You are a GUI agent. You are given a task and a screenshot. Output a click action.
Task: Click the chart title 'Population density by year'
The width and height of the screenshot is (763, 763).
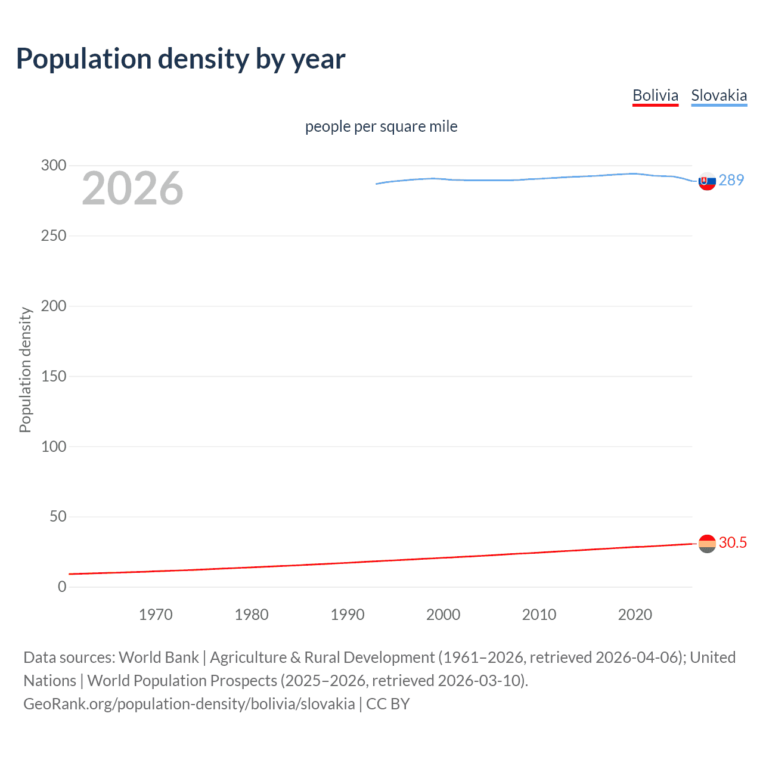[x=181, y=59]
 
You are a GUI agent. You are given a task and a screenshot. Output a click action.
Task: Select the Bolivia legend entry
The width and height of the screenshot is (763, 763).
[x=655, y=95]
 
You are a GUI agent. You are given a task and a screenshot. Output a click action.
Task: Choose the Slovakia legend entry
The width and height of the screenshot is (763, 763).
[x=719, y=95]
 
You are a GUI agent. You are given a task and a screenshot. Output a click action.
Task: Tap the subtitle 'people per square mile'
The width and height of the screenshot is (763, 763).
[x=381, y=126]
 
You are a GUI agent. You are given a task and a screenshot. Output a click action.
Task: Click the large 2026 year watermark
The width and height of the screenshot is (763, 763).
[x=132, y=188]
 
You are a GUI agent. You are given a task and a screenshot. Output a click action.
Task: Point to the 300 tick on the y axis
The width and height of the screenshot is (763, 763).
[x=54, y=165]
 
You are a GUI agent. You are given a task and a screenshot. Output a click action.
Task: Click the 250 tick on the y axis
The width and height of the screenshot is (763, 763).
[x=54, y=235]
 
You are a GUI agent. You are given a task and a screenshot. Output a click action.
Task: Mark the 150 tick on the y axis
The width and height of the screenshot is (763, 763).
[x=54, y=376]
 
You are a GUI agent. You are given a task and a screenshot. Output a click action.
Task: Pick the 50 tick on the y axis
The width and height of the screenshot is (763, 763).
[x=58, y=516]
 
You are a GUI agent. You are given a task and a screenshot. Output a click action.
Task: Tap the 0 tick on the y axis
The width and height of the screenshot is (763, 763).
[x=62, y=587]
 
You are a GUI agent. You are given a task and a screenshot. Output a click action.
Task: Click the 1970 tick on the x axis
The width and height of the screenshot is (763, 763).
[x=156, y=615]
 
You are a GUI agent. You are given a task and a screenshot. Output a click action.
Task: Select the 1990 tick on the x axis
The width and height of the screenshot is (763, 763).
[x=348, y=615]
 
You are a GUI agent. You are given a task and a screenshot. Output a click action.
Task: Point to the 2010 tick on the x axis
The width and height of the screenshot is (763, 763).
[x=539, y=615]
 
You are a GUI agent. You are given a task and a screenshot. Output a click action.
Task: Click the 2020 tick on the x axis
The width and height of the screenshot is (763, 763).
[x=635, y=615]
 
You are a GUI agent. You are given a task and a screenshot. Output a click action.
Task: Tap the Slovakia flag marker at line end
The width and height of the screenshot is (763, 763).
[x=707, y=181]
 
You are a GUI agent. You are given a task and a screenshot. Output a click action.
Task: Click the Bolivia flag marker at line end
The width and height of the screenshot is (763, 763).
[x=707, y=544]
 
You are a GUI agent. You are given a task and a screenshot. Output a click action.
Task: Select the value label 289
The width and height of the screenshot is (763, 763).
[x=731, y=180]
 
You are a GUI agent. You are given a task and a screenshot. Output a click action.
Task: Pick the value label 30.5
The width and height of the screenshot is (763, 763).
[x=733, y=542]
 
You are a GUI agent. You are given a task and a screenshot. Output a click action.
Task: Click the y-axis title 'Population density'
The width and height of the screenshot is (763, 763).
[x=25, y=370]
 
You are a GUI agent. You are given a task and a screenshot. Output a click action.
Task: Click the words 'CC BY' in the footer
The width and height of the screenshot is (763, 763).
[x=387, y=704]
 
